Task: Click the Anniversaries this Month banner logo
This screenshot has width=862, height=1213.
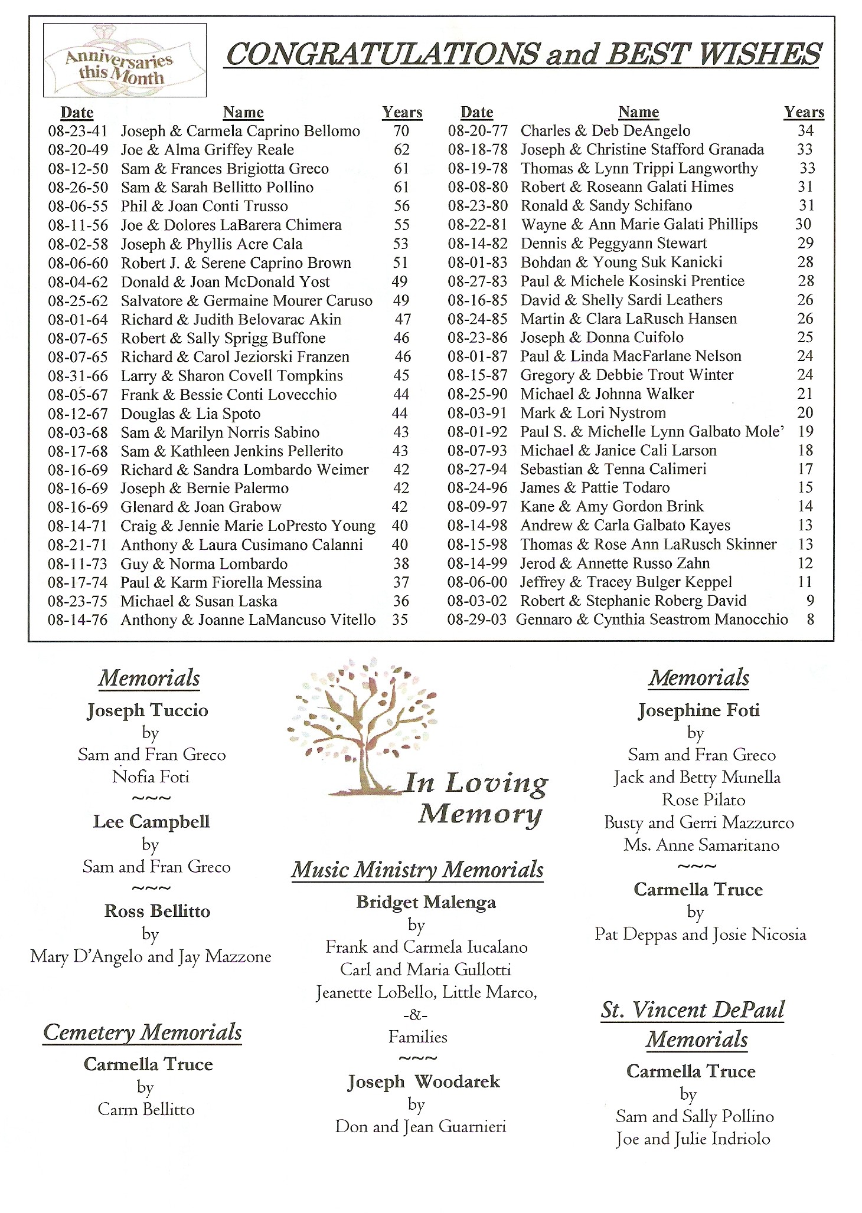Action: tap(125, 61)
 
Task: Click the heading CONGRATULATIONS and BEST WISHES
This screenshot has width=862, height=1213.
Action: tap(523, 54)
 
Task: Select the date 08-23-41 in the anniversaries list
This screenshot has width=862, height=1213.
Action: tap(78, 131)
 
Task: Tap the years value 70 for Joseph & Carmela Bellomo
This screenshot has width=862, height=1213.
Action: tap(401, 131)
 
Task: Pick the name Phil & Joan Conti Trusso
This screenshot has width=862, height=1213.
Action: tap(204, 206)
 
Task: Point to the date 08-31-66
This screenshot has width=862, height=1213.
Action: tap(78, 376)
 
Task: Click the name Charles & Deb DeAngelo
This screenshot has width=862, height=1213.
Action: tap(605, 131)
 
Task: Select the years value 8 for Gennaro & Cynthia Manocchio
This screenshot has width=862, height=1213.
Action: tap(811, 619)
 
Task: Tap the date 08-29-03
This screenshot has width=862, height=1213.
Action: tap(477, 619)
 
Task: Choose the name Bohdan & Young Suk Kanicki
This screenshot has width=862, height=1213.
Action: tap(621, 263)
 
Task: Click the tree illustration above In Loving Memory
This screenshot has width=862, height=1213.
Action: tap(361, 726)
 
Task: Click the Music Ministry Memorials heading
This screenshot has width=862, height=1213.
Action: tap(417, 870)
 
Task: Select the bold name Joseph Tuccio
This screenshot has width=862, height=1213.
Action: tap(148, 710)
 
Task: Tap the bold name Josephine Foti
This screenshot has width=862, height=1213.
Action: tap(698, 710)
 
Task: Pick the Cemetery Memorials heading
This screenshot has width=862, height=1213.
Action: tap(143, 1032)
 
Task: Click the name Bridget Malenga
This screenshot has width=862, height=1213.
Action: tap(426, 903)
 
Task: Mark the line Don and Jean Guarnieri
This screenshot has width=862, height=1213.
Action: tap(420, 1127)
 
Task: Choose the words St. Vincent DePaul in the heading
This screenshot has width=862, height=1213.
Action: tap(693, 1010)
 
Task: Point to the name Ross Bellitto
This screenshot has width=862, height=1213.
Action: tap(157, 912)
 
